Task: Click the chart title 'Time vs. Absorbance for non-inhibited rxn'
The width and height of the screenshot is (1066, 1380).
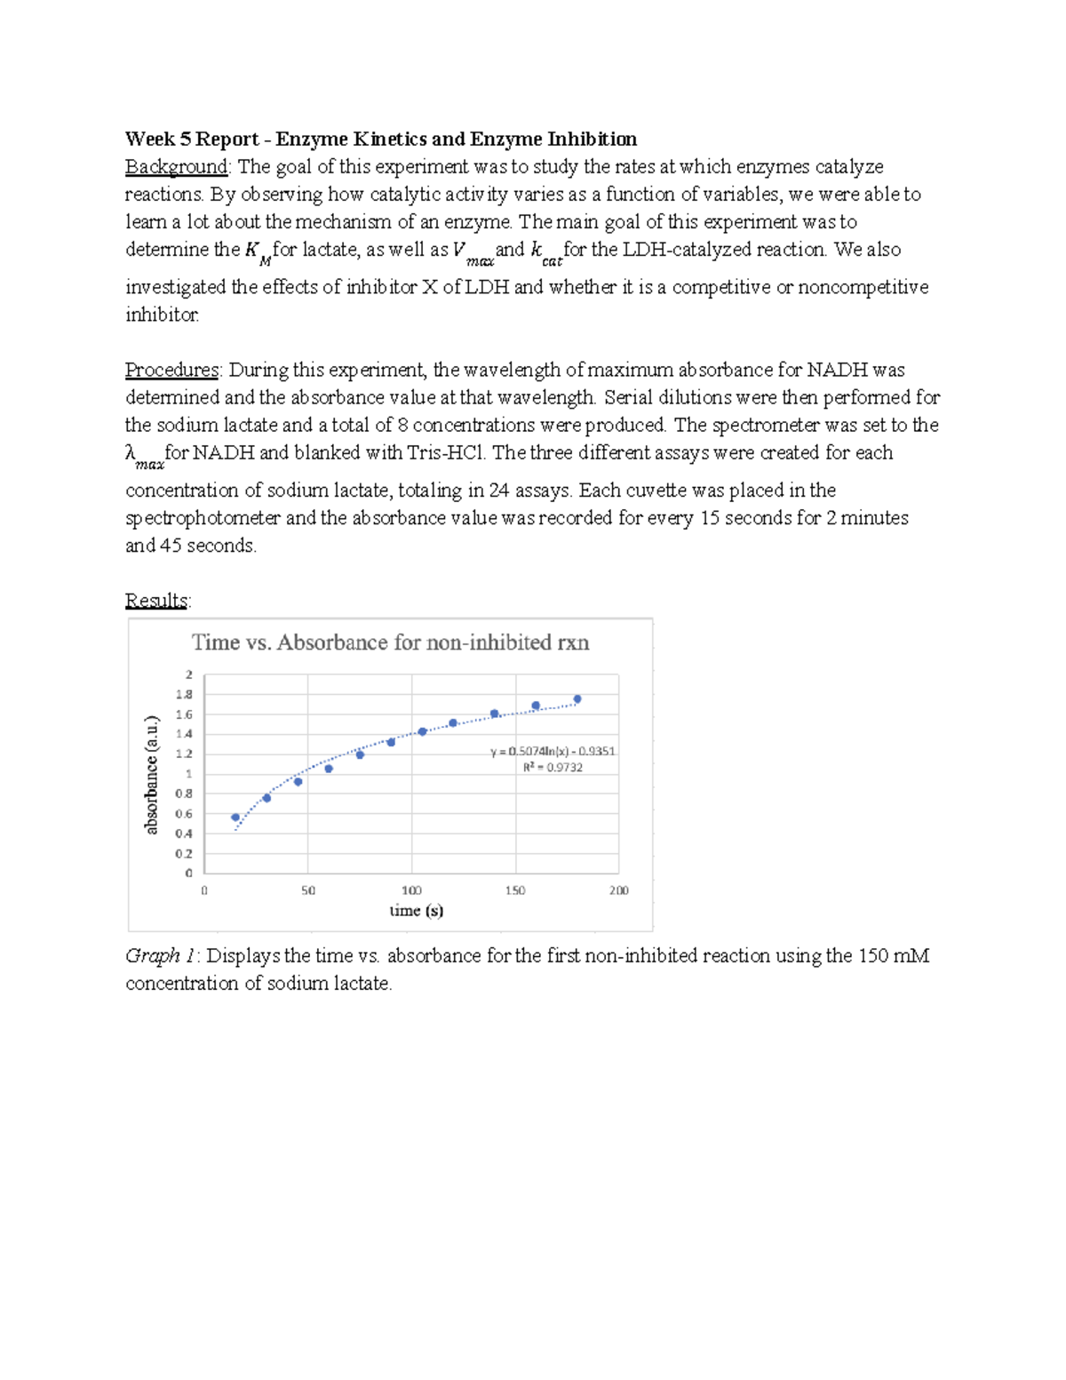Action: tap(391, 642)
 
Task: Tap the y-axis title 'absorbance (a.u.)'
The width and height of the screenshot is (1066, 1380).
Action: tap(152, 775)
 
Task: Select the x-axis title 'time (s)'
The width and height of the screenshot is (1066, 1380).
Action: tap(416, 910)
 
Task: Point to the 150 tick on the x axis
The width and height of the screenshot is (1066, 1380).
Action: tap(515, 889)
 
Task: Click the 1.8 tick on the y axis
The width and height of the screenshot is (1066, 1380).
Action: tap(184, 695)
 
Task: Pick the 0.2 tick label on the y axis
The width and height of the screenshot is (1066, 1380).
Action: tap(184, 854)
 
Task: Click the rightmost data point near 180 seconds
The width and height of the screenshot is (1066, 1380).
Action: tap(577, 699)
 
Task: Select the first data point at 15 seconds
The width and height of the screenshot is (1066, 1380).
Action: tap(235, 818)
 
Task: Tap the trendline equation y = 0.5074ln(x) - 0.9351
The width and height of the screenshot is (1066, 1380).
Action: tap(553, 751)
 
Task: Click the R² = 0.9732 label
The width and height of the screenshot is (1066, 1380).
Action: tap(553, 768)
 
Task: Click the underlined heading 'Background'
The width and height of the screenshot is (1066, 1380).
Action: tap(177, 167)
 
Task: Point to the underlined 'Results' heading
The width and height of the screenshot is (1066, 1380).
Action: tap(156, 601)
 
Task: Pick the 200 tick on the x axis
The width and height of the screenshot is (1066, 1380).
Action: tap(618, 889)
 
